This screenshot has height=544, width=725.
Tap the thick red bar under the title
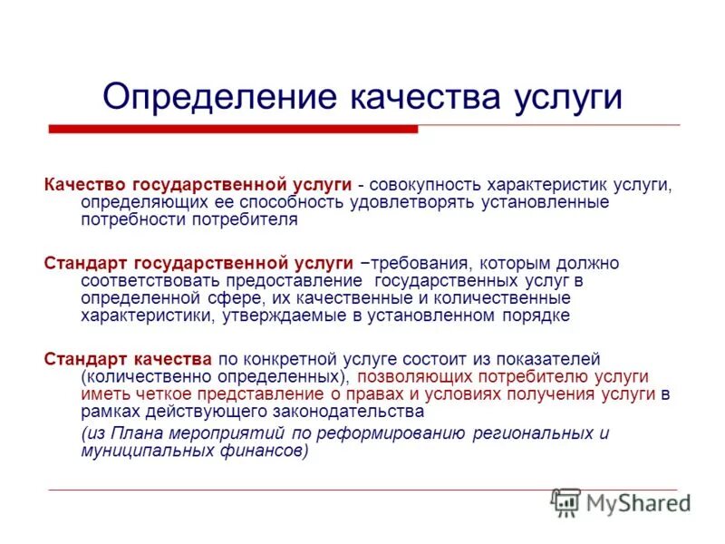(x=233, y=130)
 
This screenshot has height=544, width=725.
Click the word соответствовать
(x=150, y=280)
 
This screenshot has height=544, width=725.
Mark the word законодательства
(x=349, y=411)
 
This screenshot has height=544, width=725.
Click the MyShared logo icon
(x=565, y=501)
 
